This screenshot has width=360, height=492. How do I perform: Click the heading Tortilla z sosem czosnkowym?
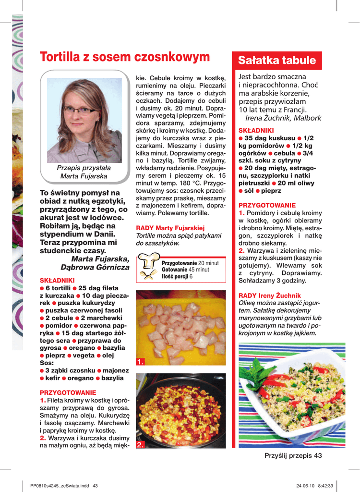coord(125,57)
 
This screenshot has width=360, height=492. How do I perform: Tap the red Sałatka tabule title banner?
coord(277,61)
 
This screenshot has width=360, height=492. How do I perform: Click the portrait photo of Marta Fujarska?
coord(84,121)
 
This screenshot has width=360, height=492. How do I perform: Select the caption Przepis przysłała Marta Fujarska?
coord(84,172)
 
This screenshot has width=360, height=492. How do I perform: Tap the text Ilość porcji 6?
coord(177,276)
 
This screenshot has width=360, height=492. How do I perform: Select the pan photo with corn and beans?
coord(181,411)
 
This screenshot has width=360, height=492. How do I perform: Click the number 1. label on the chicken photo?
coord(140,362)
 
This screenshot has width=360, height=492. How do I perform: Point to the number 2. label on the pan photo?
coord(140,445)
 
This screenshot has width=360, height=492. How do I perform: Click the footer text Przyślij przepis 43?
coord(293,455)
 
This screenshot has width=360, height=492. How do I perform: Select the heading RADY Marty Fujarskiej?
coord(170,228)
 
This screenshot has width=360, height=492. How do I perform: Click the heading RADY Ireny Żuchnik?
coord(270,295)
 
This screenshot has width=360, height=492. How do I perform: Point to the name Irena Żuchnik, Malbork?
coord(283,118)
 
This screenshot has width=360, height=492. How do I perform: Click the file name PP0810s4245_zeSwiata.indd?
coord(60,485)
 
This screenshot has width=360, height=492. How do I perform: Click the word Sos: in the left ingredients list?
coord(47,363)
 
